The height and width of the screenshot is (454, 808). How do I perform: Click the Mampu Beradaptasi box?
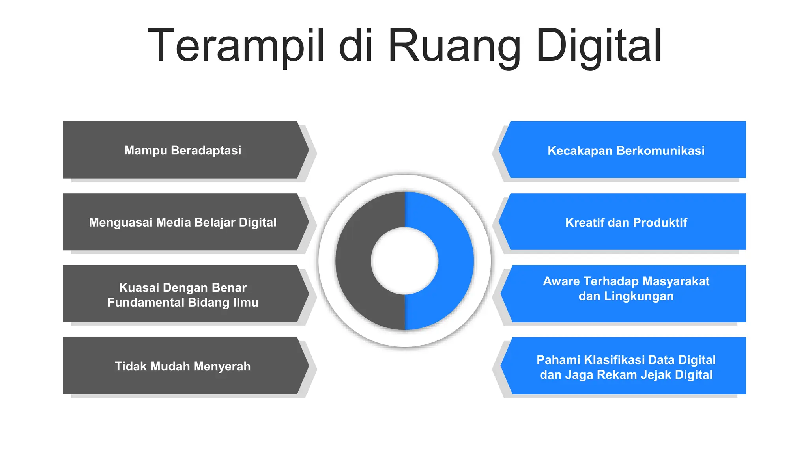click(x=182, y=150)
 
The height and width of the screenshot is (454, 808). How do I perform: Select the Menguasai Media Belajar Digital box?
click(x=182, y=222)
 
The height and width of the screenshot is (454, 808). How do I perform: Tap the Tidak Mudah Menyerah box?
click(x=182, y=366)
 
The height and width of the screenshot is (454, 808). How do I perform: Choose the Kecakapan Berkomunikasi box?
click(x=626, y=150)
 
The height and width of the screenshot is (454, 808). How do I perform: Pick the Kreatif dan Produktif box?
click(x=626, y=222)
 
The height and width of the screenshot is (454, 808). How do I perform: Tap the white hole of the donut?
click(x=404, y=261)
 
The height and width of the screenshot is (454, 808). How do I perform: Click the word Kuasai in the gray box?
click(x=139, y=288)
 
